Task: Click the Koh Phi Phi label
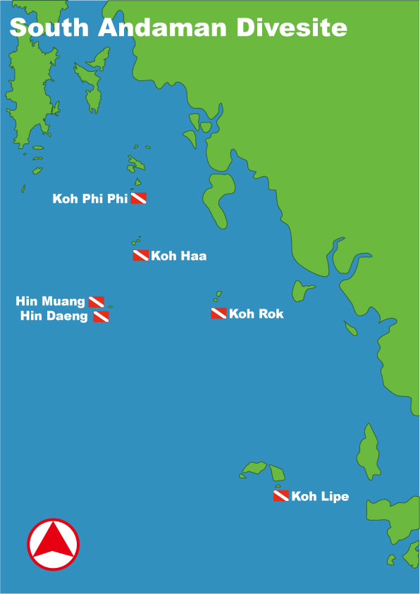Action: tap(89, 199)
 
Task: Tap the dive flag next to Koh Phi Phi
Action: tap(138, 199)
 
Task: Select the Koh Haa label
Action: tap(179, 256)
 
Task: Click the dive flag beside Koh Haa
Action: tap(141, 255)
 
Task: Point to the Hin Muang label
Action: tap(50, 302)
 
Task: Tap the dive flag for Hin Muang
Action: tap(97, 302)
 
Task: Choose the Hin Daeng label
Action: tap(54, 316)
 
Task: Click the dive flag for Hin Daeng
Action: tap(101, 316)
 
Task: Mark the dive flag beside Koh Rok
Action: tap(218, 314)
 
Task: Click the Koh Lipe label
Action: tap(320, 497)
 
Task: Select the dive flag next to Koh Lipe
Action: tap(280, 496)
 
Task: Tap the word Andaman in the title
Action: tap(163, 28)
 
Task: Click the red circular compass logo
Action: tap(54, 545)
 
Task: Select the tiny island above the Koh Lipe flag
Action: tap(278, 485)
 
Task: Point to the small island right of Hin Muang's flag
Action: tap(109, 306)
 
